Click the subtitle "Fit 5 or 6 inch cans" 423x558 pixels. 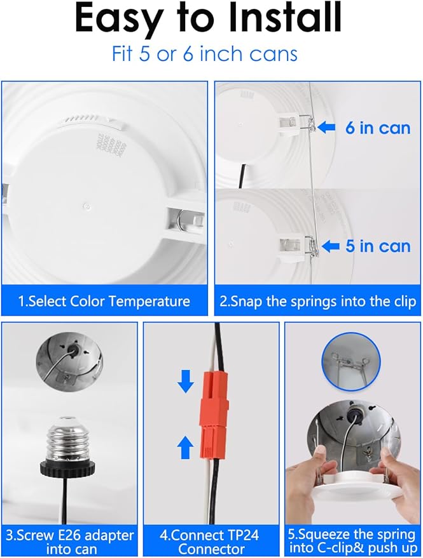pyautogui.click(x=205, y=53)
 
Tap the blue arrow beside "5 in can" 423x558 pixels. pyautogui.click(x=330, y=246)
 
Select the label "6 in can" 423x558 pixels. pyautogui.click(x=377, y=128)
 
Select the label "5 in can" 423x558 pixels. pyautogui.click(x=378, y=246)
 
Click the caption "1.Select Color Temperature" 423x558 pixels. pyautogui.click(x=104, y=301)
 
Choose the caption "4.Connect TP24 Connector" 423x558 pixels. pyautogui.click(x=210, y=541)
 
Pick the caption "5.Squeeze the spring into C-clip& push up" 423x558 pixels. pyautogui.click(x=352, y=541)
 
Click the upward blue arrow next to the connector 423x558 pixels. pyautogui.click(x=185, y=448)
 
